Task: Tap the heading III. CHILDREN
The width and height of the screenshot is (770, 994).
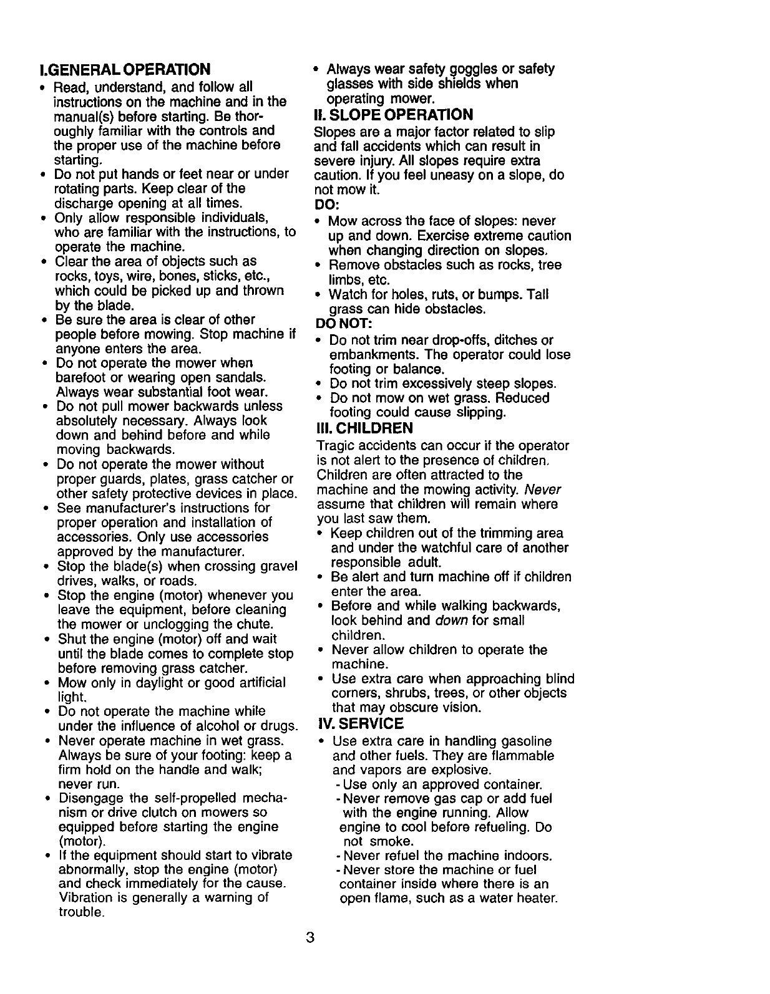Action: tap(365, 428)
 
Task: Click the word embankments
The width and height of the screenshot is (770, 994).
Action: tap(368, 355)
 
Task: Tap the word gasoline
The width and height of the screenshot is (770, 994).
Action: tap(524, 741)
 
